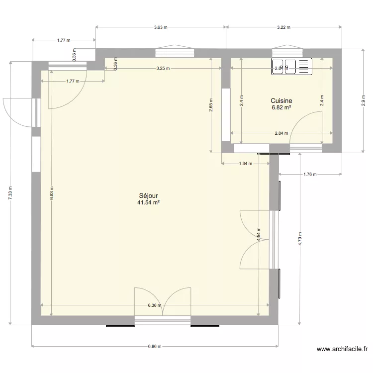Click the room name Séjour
149,196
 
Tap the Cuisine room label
281,100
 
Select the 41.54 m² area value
149,202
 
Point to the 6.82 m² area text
281,106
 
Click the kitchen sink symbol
290,67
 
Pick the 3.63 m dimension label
161,27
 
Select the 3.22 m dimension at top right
283,27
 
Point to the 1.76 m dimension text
310,175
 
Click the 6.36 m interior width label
155,306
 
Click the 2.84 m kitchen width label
281,133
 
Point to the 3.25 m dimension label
163,68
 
